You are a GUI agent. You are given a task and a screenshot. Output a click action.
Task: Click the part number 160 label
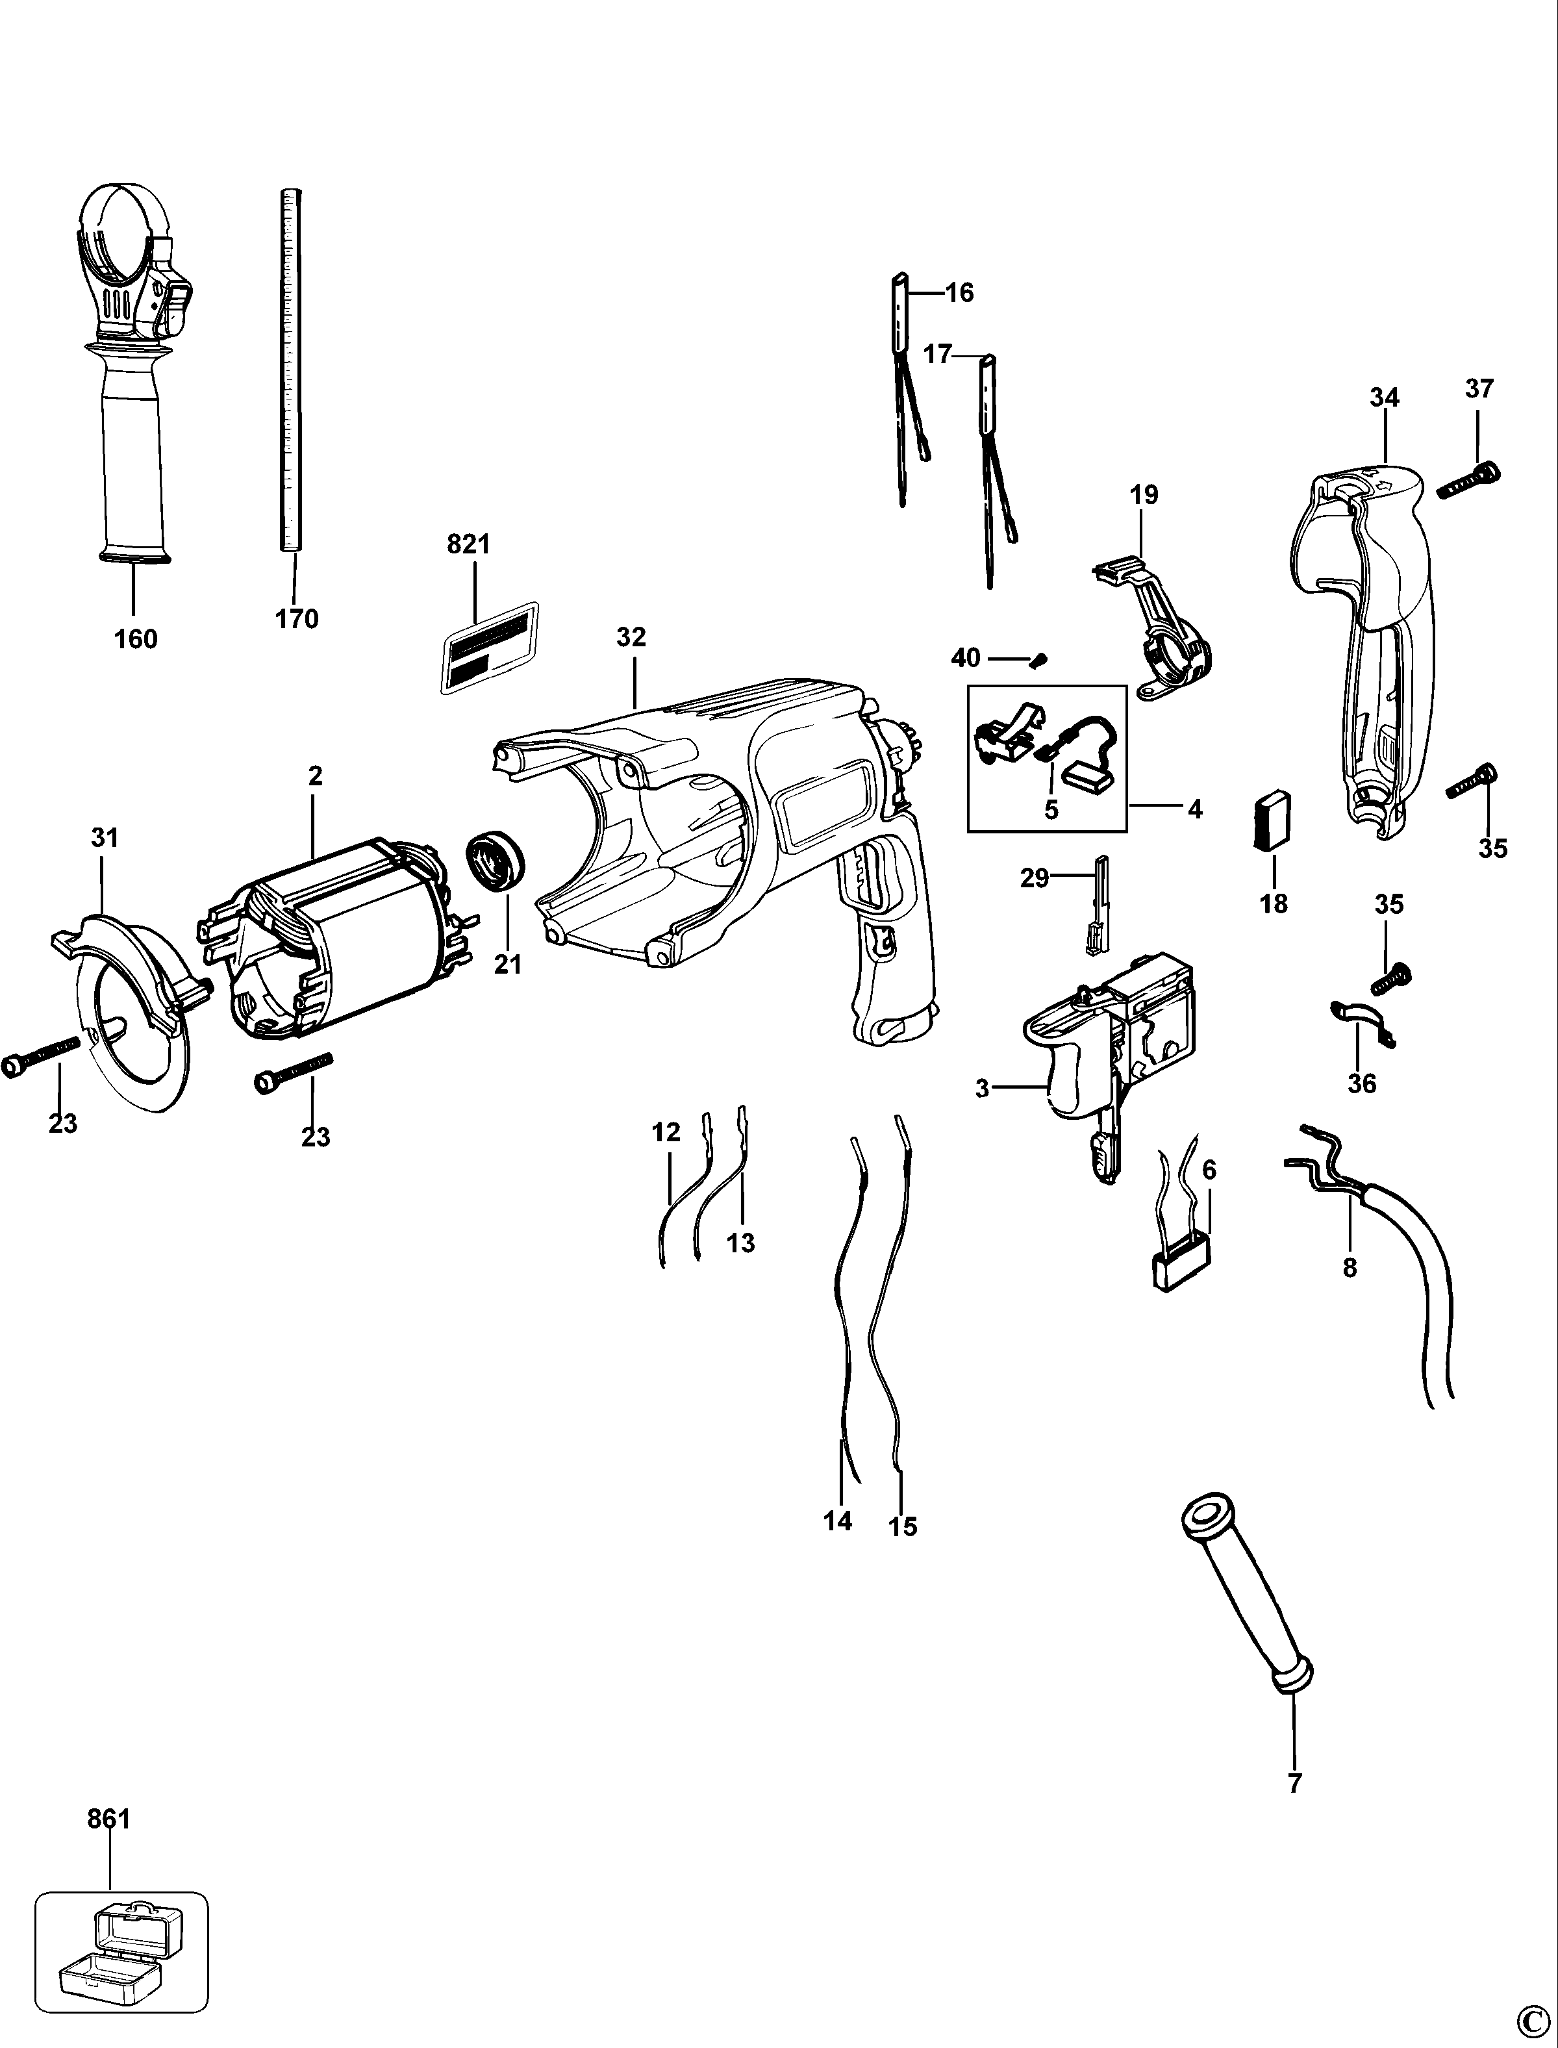pos(135,639)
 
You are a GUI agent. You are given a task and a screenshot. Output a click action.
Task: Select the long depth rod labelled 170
pos(291,371)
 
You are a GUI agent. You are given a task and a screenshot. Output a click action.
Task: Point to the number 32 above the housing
pos(631,637)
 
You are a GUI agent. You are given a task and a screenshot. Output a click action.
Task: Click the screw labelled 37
pos(1470,481)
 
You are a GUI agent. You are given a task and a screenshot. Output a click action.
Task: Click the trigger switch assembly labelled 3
pos(1103,1057)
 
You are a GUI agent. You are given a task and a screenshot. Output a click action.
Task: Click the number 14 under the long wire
pos(837,1521)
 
